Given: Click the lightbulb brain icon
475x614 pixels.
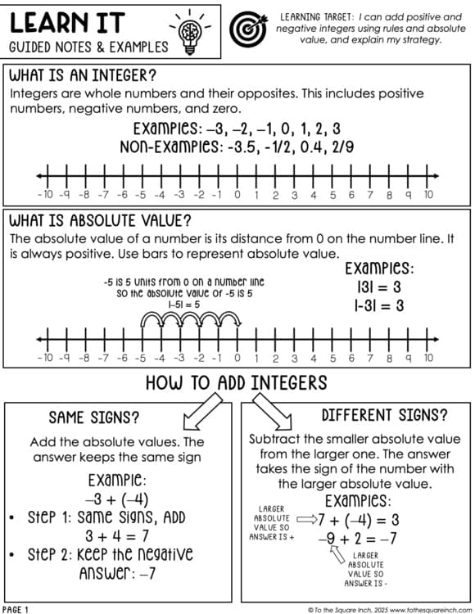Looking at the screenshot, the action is [x=190, y=29].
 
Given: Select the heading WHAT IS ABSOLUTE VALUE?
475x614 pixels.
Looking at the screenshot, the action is [x=100, y=221].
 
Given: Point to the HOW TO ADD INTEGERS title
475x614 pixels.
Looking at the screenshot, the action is [x=236, y=382].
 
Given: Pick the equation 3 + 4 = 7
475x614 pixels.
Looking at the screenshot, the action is [x=121, y=537].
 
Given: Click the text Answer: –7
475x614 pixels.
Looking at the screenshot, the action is [x=117, y=574].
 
